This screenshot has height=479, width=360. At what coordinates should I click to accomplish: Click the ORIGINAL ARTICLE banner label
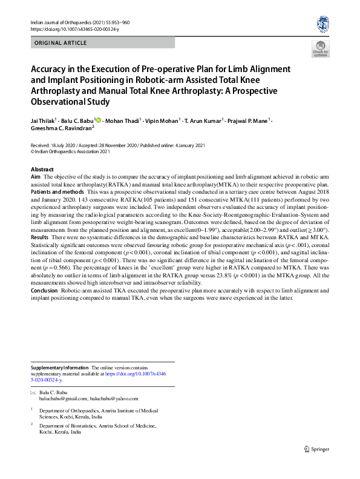(61, 43)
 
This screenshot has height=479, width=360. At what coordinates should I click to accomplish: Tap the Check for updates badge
(320, 48)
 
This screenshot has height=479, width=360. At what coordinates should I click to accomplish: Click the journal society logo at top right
(322, 25)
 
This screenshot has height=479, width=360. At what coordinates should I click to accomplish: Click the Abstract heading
(42, 169)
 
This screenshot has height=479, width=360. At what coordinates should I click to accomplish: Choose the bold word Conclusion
(46, 291)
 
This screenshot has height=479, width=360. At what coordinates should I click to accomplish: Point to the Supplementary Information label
(59, 368)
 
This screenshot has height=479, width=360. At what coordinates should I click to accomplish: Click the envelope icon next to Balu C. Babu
(32, 393)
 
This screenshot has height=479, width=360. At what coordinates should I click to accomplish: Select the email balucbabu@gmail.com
(62, 399)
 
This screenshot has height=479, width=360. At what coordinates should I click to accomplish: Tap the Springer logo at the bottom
(318, 448)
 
